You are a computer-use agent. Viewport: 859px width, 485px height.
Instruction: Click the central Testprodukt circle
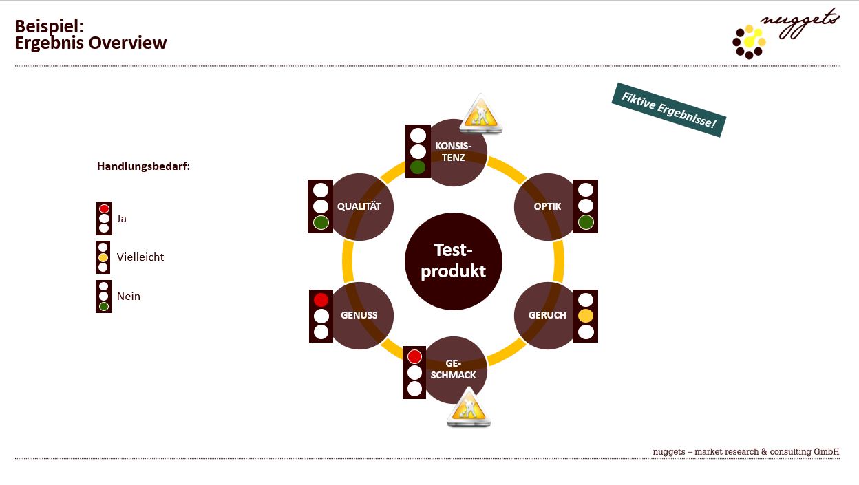click(x=453, y=261)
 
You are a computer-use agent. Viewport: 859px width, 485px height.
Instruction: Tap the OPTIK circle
click(x=547, y=206)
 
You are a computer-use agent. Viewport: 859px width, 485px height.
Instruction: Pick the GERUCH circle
click(x=547, y=315)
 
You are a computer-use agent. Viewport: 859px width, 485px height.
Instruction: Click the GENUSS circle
click(x=360, y=315)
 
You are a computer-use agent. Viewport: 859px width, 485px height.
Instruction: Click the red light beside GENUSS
click(x=321, y=300)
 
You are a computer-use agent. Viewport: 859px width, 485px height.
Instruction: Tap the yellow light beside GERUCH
click(x=586, y=316)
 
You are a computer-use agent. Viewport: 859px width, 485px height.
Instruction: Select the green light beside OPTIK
click(x=586, y=222)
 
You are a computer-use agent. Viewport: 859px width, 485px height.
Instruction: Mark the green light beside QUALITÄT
click(x=321, y=222)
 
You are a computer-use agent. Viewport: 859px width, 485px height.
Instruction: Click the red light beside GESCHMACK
click(x=414, y=356)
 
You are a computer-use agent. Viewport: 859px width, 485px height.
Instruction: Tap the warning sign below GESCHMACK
click(x=469, y=408)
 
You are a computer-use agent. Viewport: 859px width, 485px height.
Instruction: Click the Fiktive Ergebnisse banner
click(x=668, y=109)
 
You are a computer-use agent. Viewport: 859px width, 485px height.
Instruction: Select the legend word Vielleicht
click(x=140, y=257)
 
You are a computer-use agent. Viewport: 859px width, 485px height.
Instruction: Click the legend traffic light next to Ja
click(x=104, y=218)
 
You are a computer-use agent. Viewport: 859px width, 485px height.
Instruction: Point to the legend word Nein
click(x=129, y=297)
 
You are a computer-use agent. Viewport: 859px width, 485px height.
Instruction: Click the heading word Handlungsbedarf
click(x=143, y=166)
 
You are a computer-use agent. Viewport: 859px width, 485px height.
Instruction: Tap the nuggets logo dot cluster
click(x=750, y=41)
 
